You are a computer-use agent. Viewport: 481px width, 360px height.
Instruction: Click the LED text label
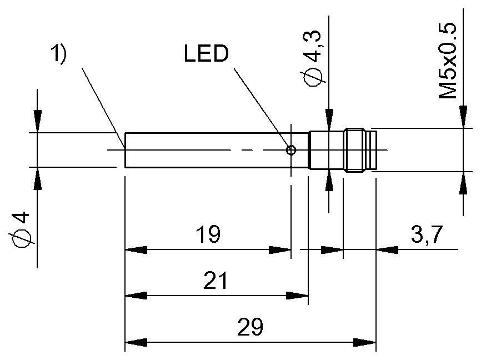pyautogui.click(x=206, y=55)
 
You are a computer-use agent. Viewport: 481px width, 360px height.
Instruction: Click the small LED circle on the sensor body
pyautogui.click(x=290, y=149)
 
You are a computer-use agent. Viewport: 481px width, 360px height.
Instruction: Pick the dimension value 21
pyautogui.click(x=216, y=281)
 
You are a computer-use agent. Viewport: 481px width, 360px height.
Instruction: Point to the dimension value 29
pyautogui.click(x=249, y=327)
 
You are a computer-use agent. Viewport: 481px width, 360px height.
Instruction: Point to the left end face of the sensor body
pyautogui.click(x=125, y=149)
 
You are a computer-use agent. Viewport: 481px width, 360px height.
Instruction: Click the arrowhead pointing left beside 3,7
pyautogui.click(x=387, y=250)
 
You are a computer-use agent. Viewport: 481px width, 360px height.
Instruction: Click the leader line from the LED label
pyautogui.click(x=261, y=108)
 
